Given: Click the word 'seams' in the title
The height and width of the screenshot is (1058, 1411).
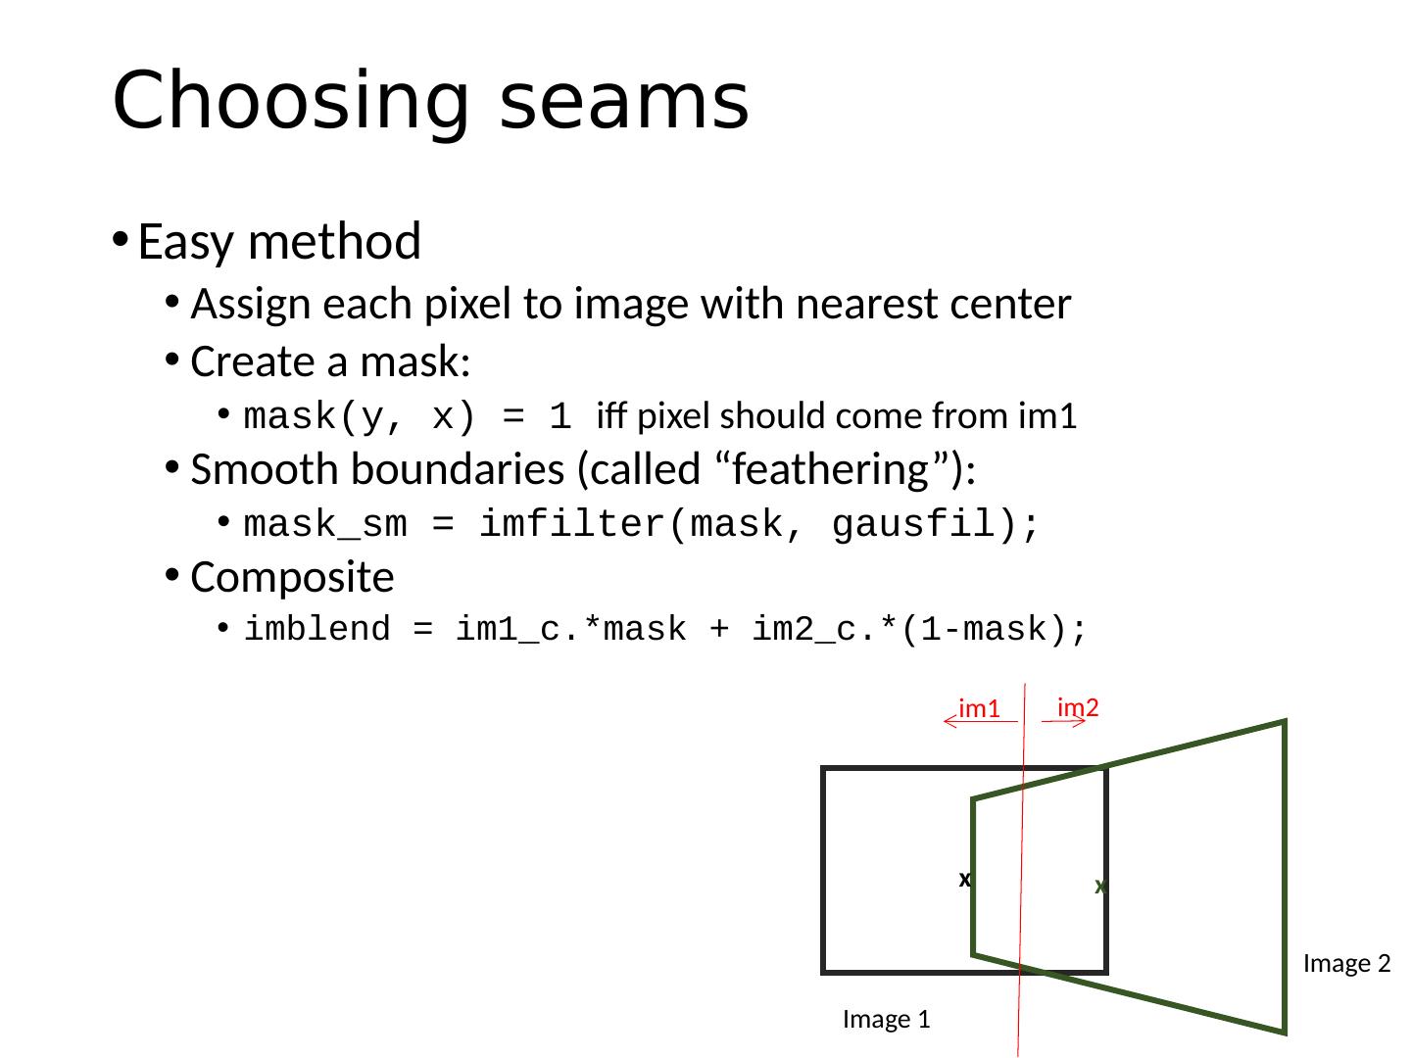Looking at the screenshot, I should (624, 102).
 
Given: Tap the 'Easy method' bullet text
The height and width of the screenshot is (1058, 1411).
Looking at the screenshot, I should (279, 242).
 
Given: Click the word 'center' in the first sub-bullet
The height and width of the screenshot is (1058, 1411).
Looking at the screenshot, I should (1009, 306).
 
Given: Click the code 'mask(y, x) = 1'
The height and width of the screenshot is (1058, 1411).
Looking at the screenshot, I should (407, 418).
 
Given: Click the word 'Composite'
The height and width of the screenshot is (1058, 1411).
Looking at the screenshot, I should (292, 578).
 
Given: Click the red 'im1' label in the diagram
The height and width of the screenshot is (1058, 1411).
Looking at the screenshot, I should (979, 708).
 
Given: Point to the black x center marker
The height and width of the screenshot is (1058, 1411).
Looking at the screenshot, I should (964, 880).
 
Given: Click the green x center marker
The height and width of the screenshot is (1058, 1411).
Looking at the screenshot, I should (1100, 887).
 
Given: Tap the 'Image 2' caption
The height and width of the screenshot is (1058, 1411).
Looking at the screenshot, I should (1347, 964).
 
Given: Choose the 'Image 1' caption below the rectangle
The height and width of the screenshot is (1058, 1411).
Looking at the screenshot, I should (886, 1020).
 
